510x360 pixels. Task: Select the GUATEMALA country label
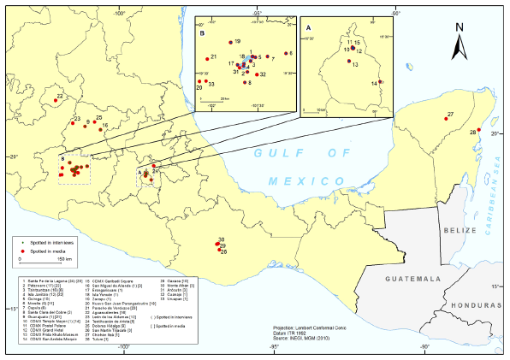tap(409, 279)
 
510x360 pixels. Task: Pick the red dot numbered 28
tap(480, 130)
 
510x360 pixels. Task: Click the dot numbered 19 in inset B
tap(230, 40)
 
